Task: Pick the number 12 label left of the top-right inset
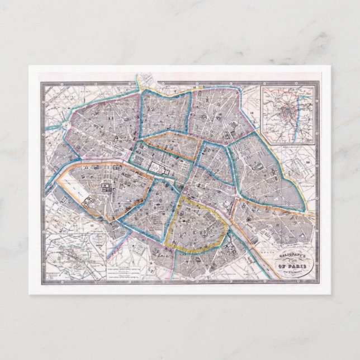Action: click(x=253, y=115)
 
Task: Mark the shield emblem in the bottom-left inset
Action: click(x=100, y=243)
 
